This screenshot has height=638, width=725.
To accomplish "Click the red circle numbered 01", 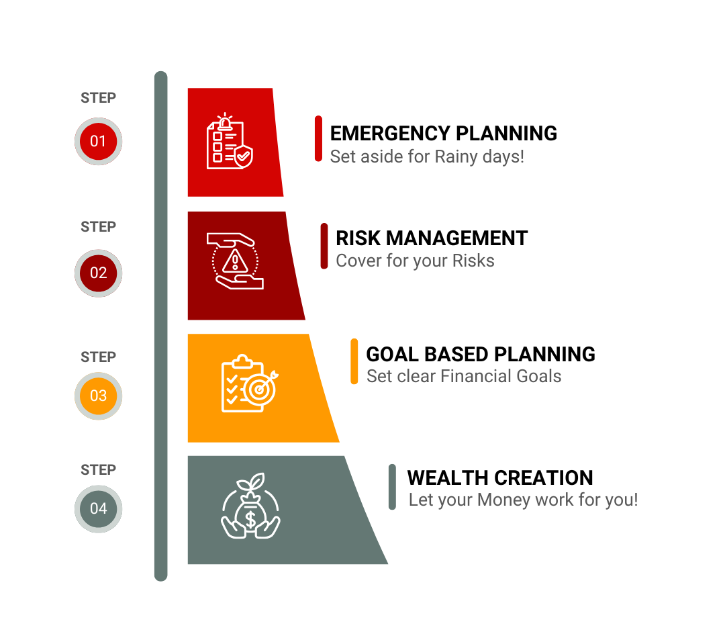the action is tap(98, 141).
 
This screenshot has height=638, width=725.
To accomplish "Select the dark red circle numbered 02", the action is tap(98, 273).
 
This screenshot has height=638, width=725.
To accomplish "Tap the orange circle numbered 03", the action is tap(98, 396).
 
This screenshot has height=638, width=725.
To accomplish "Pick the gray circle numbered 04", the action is tap(98, 509).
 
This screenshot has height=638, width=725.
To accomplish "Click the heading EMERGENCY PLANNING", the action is tap(444, 133).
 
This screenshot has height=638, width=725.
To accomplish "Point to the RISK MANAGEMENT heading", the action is tap(432, 238).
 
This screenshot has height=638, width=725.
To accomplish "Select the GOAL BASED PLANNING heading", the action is tap(481, 355).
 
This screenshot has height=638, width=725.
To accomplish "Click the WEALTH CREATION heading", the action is tap(500, 478).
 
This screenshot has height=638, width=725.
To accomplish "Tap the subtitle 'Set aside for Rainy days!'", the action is tap(427, 157).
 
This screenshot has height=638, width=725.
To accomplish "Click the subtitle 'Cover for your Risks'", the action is tap(416, 261).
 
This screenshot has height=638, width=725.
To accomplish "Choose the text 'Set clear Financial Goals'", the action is tap(464, 376).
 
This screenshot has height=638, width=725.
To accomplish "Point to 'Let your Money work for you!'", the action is tap(524, 500).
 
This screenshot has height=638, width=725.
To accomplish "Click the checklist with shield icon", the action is tap(230, 141).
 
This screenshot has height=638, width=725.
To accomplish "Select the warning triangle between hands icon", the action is tap(235, 261).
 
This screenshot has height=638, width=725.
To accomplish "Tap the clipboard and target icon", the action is tap(250, 383).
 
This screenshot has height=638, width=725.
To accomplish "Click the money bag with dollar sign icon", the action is tap(250, 506).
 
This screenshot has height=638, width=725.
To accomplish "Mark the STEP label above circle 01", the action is tap(98, 97).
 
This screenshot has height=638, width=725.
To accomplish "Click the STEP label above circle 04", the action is tap(98, 469).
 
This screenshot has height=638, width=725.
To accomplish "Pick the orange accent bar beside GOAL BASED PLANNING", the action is tap(354, 361).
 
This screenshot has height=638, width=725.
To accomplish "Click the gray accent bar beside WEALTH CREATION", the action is tap(392, 487).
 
